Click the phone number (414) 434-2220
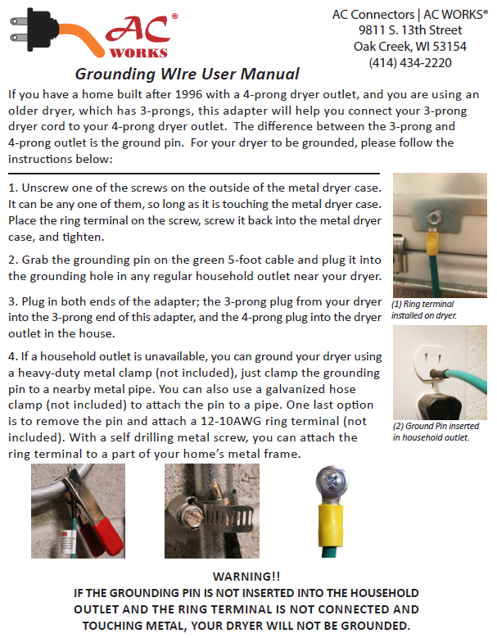pyautogui.click(x=410, y=62)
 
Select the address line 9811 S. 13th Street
pyautogui.click(x=410, y=30)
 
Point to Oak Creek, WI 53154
pyautogui.click(x=410, y=46)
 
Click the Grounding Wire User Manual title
pyautogui.click(x=187, y=74)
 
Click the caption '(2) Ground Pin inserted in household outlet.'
pyautogui.click(x=436, y=431)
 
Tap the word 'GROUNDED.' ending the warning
pyautogui.click(x=372, y=625)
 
